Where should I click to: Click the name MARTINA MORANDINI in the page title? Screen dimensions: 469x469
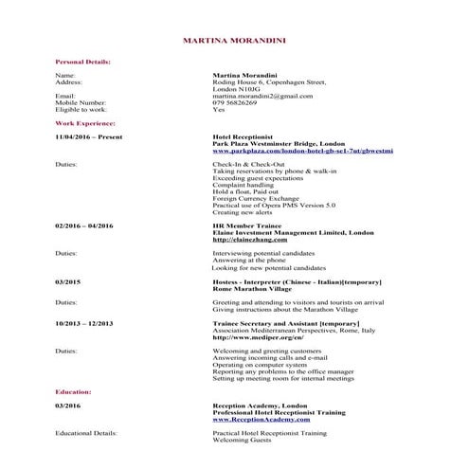coord(234,40)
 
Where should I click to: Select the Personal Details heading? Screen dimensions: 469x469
coord(83,61)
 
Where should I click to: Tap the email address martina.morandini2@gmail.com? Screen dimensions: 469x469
coord(262,96)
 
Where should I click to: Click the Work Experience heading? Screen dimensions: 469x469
coord(85,123)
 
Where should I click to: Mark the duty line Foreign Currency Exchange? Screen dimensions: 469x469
coord(257,198)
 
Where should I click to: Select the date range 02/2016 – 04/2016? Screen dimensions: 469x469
coord(84,225)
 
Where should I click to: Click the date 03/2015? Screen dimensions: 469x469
coord(68,282)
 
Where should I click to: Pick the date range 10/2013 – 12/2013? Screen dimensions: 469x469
coord(84,323)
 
